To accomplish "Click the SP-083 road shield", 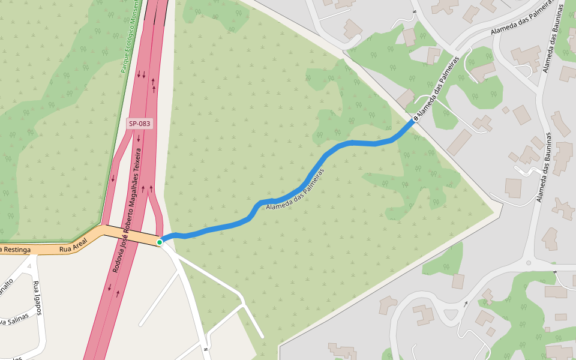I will tap(139, 124).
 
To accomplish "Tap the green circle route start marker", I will tap(160, 242).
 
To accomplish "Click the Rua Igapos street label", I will tap(37, 298).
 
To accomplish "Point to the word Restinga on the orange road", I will tap(16, 250).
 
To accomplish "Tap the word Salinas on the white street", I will tap(13, 322).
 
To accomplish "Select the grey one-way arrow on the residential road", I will tap(466, 304).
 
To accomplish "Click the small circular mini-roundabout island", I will tap(528, 263).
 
